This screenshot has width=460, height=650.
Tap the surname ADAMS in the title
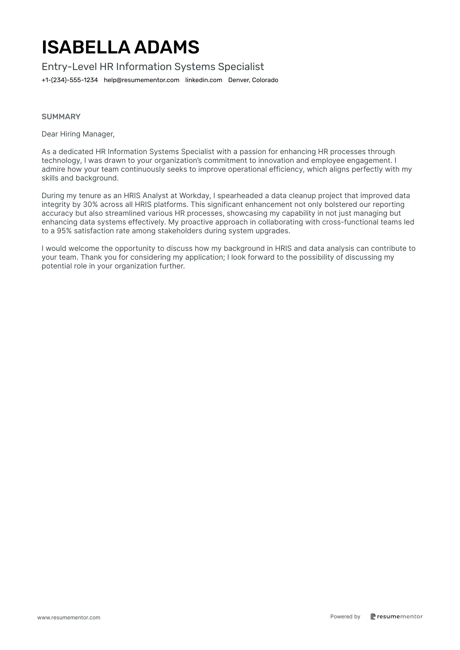pyautogui.click(x=167, y=47)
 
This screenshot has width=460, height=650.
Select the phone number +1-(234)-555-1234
pyautogui.click(x=70, y=80)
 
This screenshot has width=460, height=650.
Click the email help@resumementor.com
pyautogui.click(x=142, y=80)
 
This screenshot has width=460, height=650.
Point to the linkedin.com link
pyautogui.click(x=204, y=80)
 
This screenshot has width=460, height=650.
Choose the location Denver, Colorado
pyautogui.click(x=253, y=80)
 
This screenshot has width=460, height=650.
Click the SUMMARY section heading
pyautogui.click(x=61, y=117)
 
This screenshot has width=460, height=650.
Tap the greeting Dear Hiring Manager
pyautogui.click(x=78, y=134)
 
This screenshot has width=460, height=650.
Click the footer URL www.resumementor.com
pyautogui.click(x=69, y=617)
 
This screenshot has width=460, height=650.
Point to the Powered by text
pyautogui.click(x=345, y=616)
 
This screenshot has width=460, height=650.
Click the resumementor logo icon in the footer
pyautogui.click(x=373, y=616)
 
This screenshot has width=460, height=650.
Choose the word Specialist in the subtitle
pyautogui.click(x=241, y=66)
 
